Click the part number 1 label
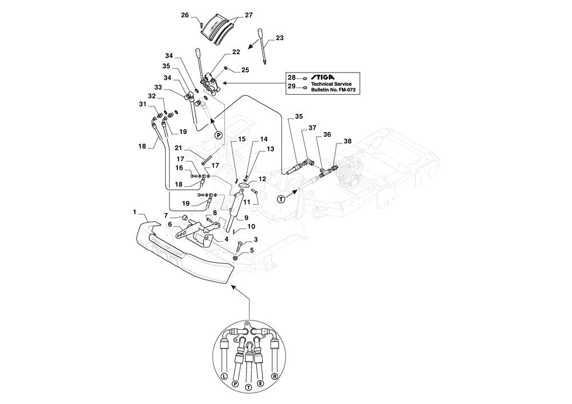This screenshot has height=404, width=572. (134, 212)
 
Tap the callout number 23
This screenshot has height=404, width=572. (279, 38)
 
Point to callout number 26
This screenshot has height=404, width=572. (185, 15)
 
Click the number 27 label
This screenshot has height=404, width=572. (249, 15)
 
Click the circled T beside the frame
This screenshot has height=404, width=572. (281, 199)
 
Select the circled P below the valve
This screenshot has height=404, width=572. (219, 135)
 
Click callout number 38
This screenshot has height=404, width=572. (348, 141)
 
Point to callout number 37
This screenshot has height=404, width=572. (312, 128)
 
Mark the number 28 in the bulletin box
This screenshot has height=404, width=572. (292, 77)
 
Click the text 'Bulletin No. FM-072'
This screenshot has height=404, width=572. (332, 90)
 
